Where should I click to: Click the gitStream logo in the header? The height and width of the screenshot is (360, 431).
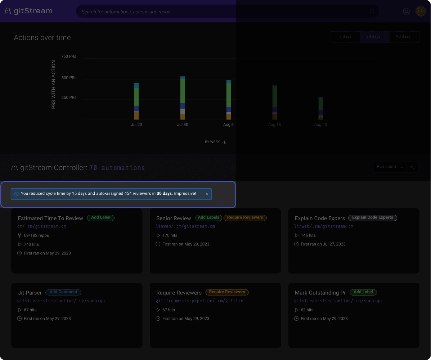coord(28,11)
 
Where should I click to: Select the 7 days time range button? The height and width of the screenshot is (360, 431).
coord(345,37)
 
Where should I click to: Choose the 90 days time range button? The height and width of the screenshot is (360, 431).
coord(403,37)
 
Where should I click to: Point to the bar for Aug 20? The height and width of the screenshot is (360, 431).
coord(320,108)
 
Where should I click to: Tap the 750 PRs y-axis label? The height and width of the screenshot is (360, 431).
coord(68,57)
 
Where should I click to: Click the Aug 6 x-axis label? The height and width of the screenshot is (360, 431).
coord(228,125)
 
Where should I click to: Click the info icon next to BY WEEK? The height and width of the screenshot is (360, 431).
coord(224,142)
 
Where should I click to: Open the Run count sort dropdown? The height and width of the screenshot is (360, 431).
coord(390,167)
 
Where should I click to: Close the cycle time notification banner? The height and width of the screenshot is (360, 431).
coord(207,194)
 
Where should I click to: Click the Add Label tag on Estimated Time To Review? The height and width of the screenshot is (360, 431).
coord(101,218)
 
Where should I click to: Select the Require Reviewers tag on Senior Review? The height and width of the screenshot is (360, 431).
coord(245,218)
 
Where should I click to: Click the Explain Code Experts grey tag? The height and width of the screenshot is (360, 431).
coord(373,218)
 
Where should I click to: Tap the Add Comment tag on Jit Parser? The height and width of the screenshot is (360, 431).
coord(63,292)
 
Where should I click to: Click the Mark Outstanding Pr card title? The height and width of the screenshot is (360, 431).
coord(320,293)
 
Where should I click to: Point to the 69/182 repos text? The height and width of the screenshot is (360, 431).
coord(36,235)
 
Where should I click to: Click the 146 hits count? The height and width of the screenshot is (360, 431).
coord(308,235)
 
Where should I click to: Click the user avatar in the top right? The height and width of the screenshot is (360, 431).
coord(420,11)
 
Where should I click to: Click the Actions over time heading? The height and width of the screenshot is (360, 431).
coord(42,38)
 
